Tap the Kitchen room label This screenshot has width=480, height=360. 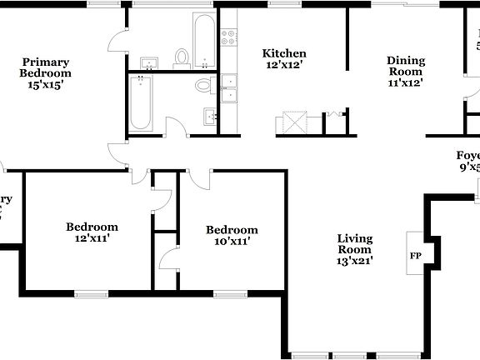(284, 53)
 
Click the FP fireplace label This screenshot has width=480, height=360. (414, 256)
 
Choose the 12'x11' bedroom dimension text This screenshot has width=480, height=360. (92, 238)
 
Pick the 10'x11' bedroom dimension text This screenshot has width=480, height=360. (232, 242)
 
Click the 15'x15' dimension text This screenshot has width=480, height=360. (46, 84)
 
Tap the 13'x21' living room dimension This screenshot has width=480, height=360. (354, 260)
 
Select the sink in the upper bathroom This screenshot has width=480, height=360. (151, 63)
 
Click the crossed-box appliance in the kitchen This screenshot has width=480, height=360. (293, 122)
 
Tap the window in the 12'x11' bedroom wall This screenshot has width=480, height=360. (91, 292)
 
